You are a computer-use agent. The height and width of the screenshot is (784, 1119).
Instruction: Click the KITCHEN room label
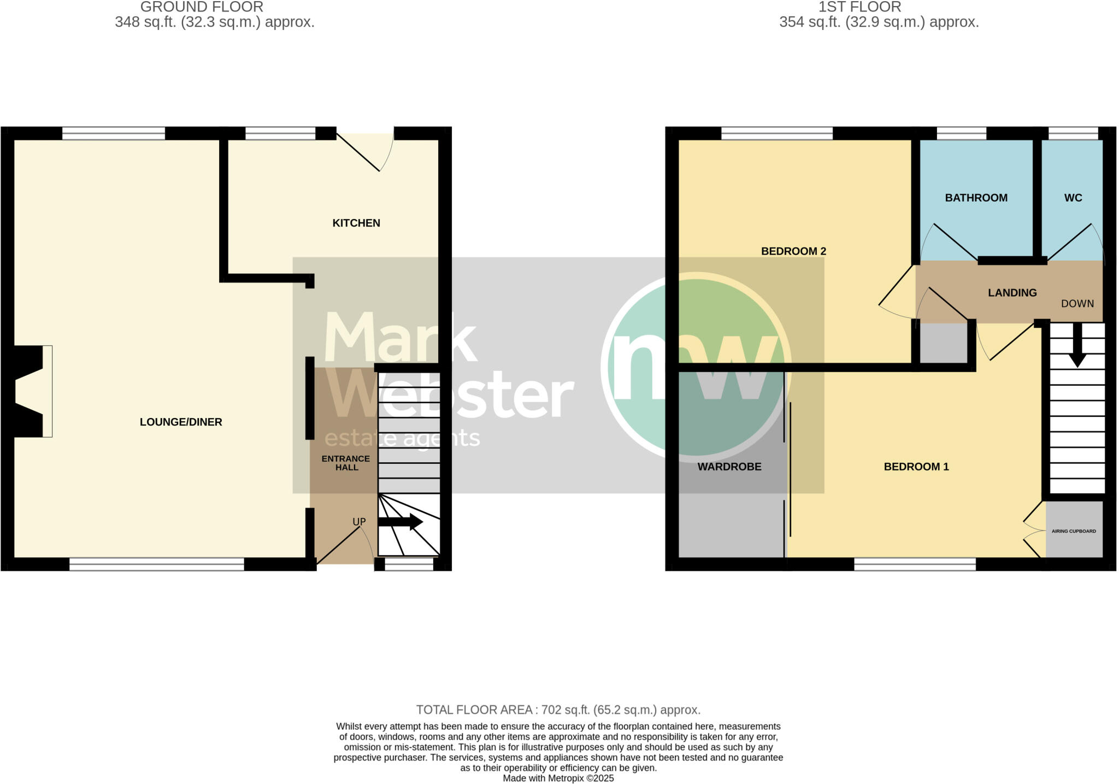click(x=356, y=223)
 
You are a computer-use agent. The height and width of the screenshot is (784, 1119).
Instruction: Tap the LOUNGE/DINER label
click(x=181, y=422)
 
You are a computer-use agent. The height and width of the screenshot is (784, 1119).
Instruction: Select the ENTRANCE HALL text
click(x=346, y=463)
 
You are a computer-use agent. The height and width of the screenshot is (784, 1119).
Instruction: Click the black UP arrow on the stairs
click(x=401, y=522)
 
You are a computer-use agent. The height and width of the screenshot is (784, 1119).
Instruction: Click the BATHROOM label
click(x=976, y=198)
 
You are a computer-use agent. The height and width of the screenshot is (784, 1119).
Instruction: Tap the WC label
click(x=1073, y=198)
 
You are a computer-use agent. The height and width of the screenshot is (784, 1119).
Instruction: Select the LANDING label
click(x=1012, y=293)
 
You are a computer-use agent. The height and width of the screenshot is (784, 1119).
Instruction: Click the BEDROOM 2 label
click(x=793, y=251)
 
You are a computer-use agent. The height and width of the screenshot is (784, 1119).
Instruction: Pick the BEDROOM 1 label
click(x=916, y=467)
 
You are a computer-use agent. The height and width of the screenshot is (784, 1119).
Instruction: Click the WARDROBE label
click(x=729, y=467)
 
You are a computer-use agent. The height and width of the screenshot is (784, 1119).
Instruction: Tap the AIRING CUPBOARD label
click(x=1074, y=531)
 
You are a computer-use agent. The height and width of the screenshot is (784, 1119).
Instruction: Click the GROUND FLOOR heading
click(x=202, y=7)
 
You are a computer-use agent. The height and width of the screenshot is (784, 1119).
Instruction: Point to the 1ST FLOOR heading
click(x=859, y=7)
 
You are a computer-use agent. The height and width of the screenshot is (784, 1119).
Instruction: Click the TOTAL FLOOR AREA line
click(x=558, y=710)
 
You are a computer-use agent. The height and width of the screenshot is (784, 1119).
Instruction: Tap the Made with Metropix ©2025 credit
click(x=558, y=779)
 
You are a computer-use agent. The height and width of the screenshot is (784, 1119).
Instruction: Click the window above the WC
click(x=1073, y=133)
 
